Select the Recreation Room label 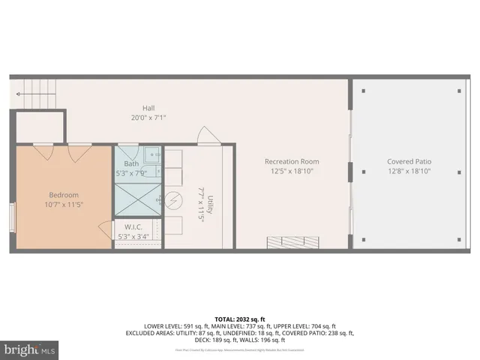292,161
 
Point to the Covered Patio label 409,161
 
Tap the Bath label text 131,163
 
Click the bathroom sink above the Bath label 151,155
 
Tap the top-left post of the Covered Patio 364,91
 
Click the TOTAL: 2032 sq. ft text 239,319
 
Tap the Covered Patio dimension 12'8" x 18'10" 409,171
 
